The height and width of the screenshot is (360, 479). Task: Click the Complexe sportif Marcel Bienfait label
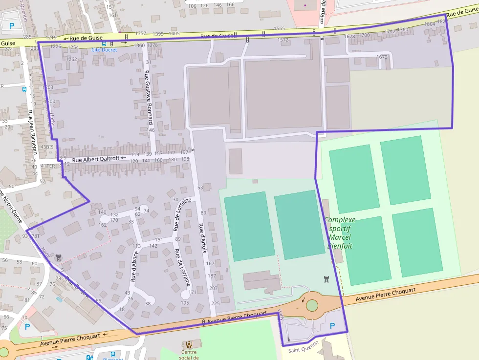point(340,233)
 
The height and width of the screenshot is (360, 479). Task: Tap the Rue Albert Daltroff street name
point(95,159)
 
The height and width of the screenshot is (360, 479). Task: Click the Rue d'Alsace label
point(134,266)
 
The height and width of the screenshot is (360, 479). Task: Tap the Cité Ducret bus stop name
point(104,50)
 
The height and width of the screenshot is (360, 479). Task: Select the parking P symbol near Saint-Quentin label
point(332,326)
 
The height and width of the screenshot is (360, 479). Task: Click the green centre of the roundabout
point(311,305)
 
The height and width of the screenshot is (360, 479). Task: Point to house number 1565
point(280,29)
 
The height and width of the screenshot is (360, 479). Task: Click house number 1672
point(382,57)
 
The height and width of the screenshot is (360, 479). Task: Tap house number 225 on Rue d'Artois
point(215,303)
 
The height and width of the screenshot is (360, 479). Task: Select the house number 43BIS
point(47,147)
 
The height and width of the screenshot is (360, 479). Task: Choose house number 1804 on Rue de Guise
point(430,24)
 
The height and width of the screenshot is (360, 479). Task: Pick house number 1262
point(71,59)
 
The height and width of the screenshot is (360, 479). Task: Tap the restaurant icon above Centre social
point(188,344)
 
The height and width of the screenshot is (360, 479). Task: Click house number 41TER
point(48,166)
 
